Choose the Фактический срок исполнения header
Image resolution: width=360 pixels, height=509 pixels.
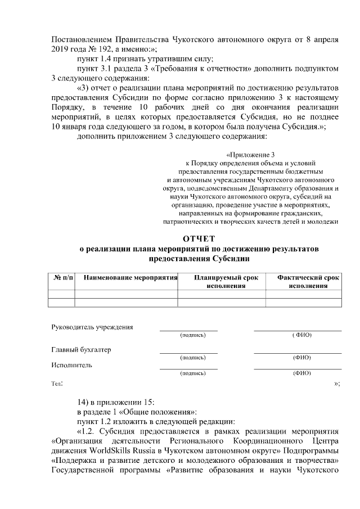tap(308, 282)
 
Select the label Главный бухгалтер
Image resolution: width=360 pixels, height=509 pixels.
tap(81, 349)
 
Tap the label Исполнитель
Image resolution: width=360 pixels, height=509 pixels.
tap(71, 364)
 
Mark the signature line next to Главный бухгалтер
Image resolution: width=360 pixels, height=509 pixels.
tap(188, 353)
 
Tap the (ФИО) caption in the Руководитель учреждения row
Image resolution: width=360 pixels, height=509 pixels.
tap(301, 335)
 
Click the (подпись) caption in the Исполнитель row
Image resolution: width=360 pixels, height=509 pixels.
tap(192, 373)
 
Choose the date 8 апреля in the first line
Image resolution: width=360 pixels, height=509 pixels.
tap(322, 39)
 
